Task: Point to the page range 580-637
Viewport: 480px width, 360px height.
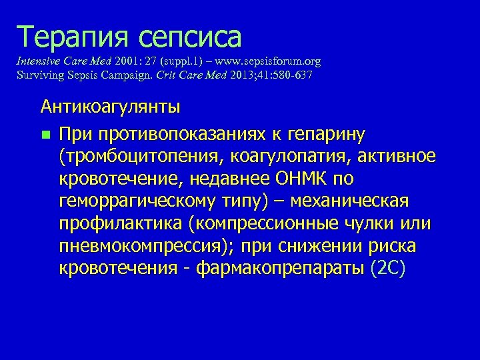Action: pos(289,75)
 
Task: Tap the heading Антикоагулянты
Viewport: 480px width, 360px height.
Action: pos(110,106)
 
